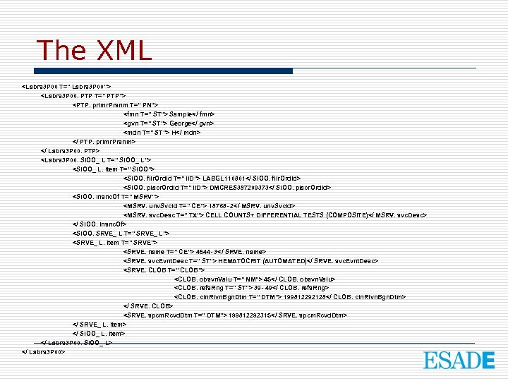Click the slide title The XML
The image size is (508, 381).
point(94,50)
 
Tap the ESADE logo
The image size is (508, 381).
point(459,360)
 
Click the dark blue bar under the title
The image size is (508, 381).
point(165,71)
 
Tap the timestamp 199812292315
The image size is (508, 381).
point(254,316)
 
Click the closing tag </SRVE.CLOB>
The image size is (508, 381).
point(147,307)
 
